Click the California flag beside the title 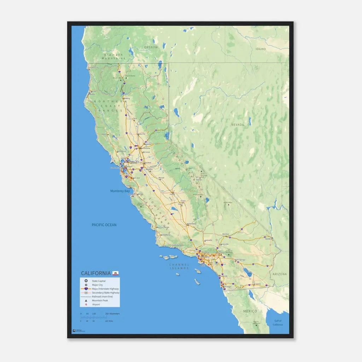coord(116,273)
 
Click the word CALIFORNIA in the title coord(95,273)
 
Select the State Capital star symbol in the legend coord(86,281)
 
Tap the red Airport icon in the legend coord(86,304)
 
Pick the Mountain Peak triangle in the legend coord(86,300)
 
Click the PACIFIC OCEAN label coord(104,225)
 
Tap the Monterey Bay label coord(120,191)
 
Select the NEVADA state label coord(238,125)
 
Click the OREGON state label coord(151,47)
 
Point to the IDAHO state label coord(261,49)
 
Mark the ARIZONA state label coord(280,274)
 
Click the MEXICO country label coord(250,311)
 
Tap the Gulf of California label coord(278,323)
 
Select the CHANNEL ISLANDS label coord(179,266)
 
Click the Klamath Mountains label coord(114,57)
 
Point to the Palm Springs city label coord(240,260)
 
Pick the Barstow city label coord(226,234)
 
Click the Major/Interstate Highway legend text coord(105,289)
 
